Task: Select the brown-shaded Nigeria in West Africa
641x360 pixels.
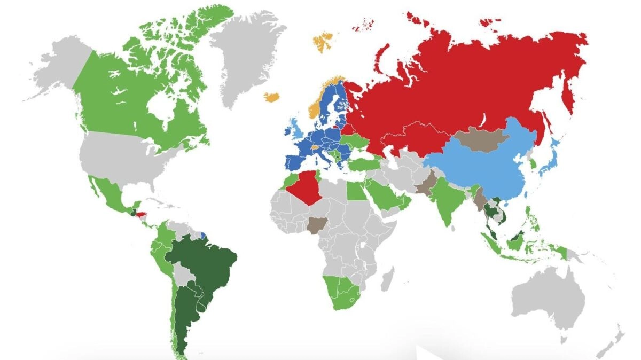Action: [x=316, y=224]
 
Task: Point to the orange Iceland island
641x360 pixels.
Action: [x=272, y=97]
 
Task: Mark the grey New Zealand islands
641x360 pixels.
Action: [x=614, y=342]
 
